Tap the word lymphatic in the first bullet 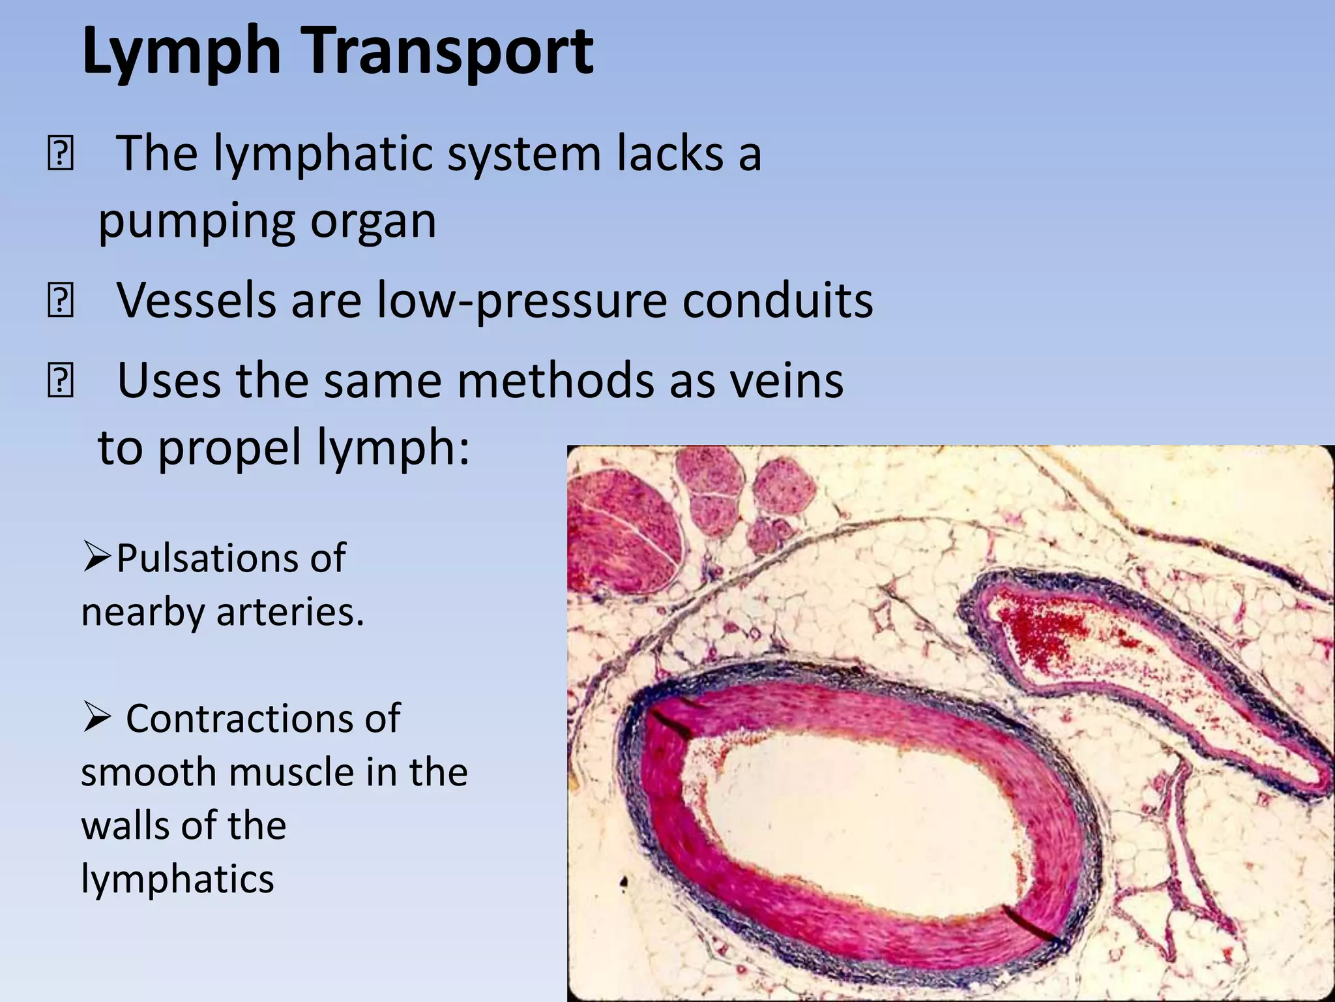pyautogui.click(x=324, y=155)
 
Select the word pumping pyautogui.click(x=196, y=222)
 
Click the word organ pyautogui.click(x=372, y=222)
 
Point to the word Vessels pyautogui.click(x=196, y=301)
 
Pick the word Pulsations pyautogui.click(x=230, y=559)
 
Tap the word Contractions pyautogui.click(x=262, y=720)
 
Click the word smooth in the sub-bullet pyautogui.click(x=149, y=773)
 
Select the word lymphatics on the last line pyautogui.click(x=177, y=879)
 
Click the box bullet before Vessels pyautogui.click(x=60, y=301)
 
